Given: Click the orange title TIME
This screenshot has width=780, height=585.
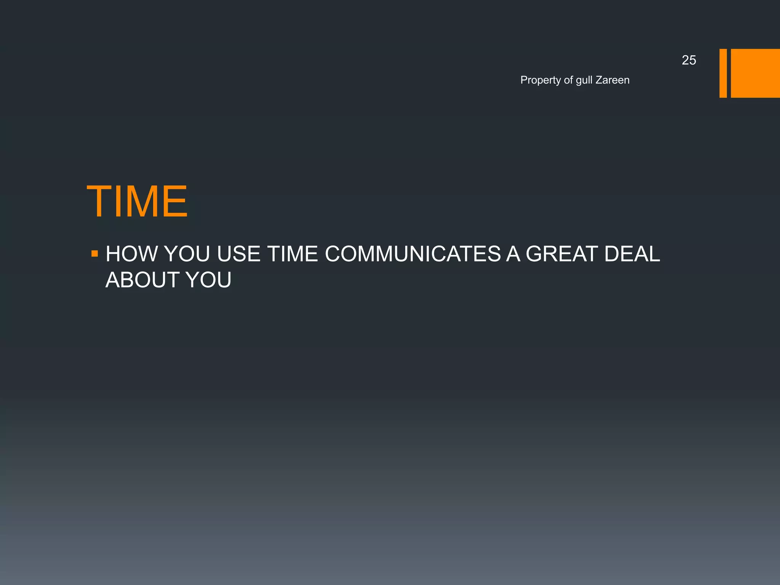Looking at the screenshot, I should (137, 201).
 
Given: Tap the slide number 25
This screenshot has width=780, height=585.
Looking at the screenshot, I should (689, 60).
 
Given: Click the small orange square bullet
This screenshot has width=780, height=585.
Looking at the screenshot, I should (95, 253).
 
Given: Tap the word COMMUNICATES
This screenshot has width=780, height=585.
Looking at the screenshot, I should (413, 254).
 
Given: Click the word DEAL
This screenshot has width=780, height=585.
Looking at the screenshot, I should (632, 254).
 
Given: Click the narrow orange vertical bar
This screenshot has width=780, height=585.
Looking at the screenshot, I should (723, 73).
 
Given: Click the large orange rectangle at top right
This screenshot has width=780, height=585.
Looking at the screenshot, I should (755, 73).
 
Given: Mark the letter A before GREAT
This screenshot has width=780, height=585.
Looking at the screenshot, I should (513, 254).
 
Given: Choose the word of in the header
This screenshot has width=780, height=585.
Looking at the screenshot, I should (568, 80).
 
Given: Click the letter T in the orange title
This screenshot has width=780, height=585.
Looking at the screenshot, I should (100, 201).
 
